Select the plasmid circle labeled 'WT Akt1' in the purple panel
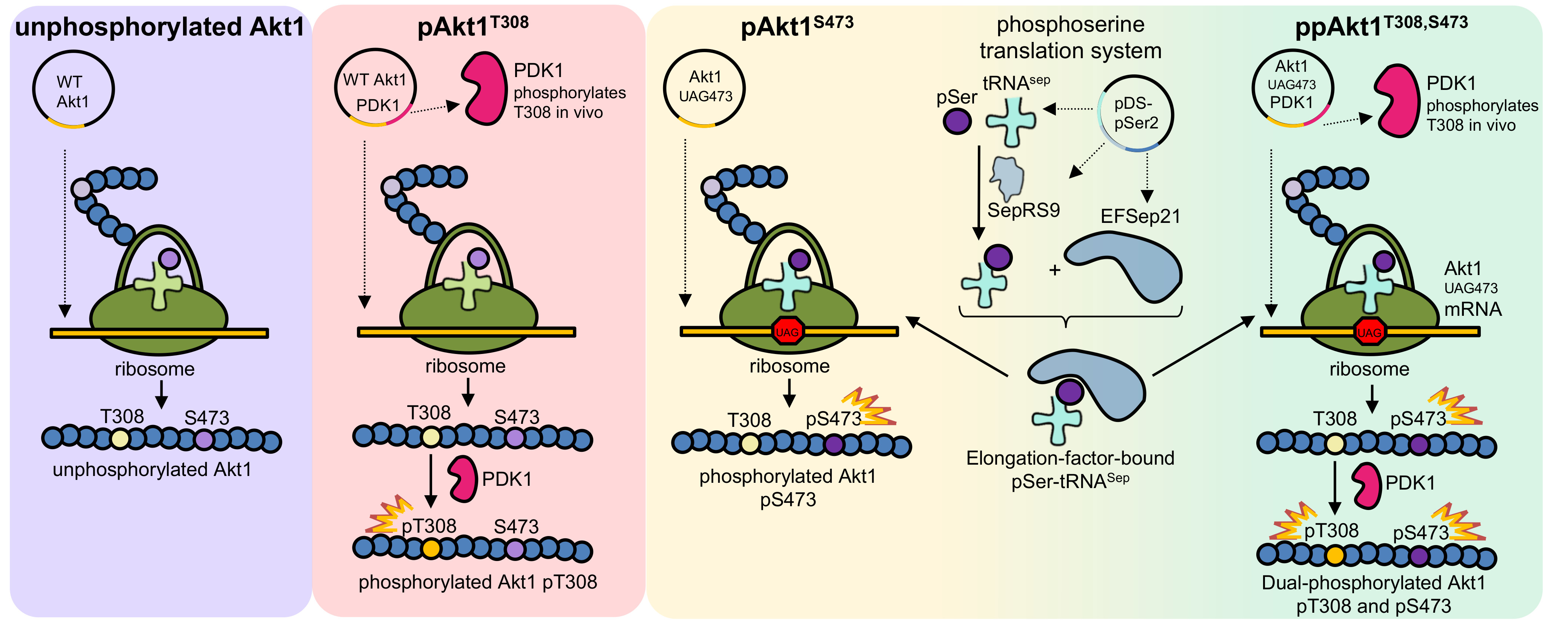coord(73,90)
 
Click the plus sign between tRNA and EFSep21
coord(1055,270)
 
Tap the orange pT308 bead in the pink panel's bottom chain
coord(431,549)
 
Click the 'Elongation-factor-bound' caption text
coord(1069,458)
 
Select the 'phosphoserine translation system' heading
coord(1070,37)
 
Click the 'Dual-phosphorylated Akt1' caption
coord(1373,583)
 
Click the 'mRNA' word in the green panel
coord(1473,309)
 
